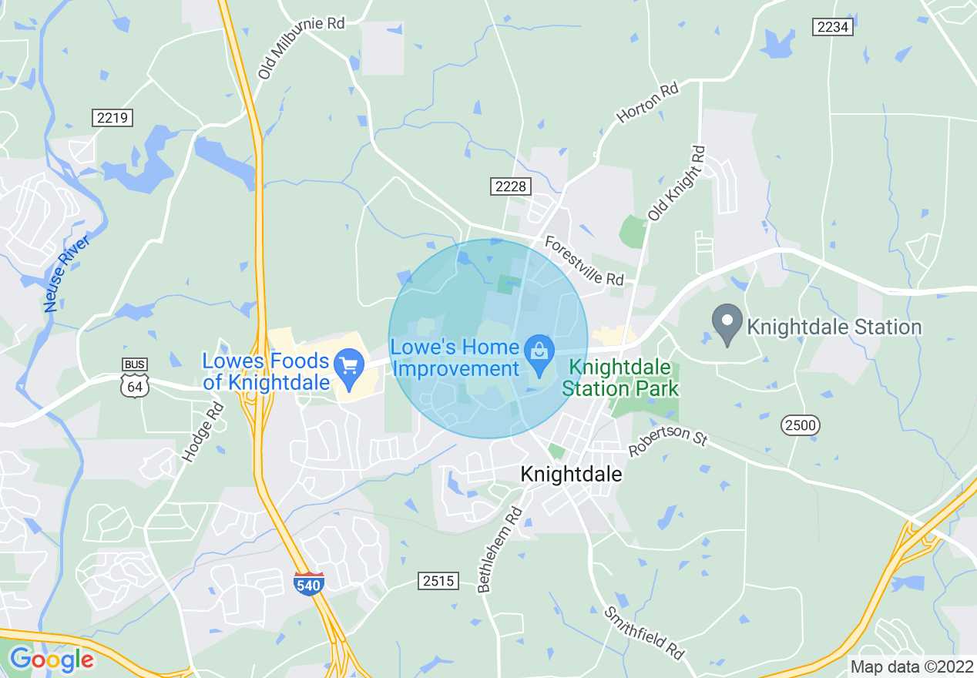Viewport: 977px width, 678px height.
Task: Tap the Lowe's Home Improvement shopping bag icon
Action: tap(539, 351)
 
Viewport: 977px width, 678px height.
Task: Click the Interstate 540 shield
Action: tap(309, 583)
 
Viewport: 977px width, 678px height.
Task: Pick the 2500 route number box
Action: tap(801, 425)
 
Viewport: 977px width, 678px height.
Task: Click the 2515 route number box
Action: tap(438, 580)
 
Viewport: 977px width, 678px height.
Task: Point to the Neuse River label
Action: tap(68, 274)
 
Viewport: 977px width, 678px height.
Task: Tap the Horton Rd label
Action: tap(647, 103)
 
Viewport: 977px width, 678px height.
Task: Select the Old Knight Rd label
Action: tap(677, 183)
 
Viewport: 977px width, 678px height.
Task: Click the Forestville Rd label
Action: tap(584, 260)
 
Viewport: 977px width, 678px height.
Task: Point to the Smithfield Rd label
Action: tap(644, 633)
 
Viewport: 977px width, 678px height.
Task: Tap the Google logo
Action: tap(52, 660)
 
